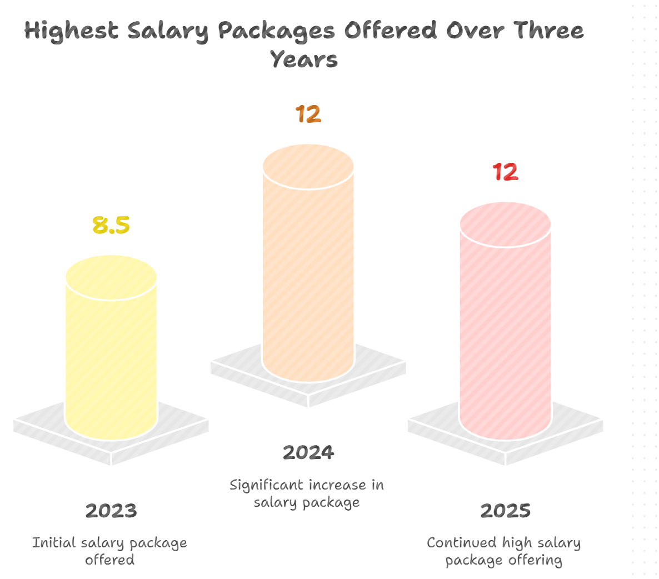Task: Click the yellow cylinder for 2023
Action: [111, 356]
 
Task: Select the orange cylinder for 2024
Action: [308, 272]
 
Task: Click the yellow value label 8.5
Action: [111, 225]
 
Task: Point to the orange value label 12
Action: [308, 114]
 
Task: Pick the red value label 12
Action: [505, 172]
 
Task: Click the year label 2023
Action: [111, 511]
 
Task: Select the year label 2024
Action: [308, 452]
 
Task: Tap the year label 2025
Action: [505, 511]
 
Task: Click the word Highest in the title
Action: [71, 31]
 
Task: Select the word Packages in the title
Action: [276, 31]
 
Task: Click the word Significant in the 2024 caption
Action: [267, 486]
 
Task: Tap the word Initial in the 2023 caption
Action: [54, 543]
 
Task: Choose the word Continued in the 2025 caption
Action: [461, 543]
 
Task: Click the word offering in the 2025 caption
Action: [534, 560]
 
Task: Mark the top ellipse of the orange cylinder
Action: [308, 166]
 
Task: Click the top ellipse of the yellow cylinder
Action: [111, 277]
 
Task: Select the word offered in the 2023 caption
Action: [109, 560]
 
